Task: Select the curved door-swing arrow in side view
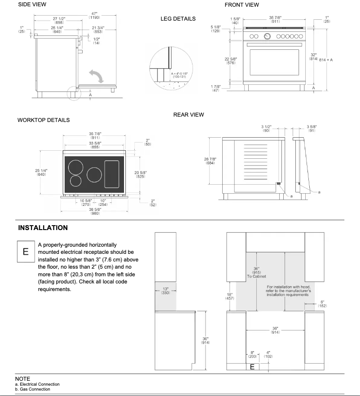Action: tap(95, 75)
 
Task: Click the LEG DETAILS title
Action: tap(178, 19)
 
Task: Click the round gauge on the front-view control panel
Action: tap(268, 36)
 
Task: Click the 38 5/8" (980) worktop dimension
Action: tap(94, 211)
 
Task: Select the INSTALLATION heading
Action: tap(43, 228)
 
